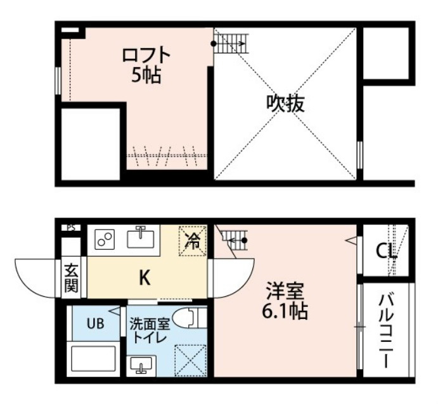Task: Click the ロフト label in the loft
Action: tap(146, 56)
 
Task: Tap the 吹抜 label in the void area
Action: tap(285, 104)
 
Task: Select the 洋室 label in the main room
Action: tap(285, 291)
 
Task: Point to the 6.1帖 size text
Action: tap(285, 311)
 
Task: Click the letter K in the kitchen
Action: tap(145, 278)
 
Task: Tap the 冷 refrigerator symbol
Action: tap(193, 241)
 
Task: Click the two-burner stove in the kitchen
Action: tap(105, 239)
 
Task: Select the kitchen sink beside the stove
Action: tap(141, 238)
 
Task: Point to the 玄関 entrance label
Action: tap(71, 278)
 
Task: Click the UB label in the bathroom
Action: tap(96, 323)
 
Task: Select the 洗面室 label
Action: tap(150, 325)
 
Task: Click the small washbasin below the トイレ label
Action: tap(141, 365)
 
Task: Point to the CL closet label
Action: tap(386, 251)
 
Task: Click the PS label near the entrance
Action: tap(71, 228)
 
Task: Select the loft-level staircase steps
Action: tap(231, 43)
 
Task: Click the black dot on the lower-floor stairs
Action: tap(245, 240)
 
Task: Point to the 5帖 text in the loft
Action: tap(146, 75)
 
